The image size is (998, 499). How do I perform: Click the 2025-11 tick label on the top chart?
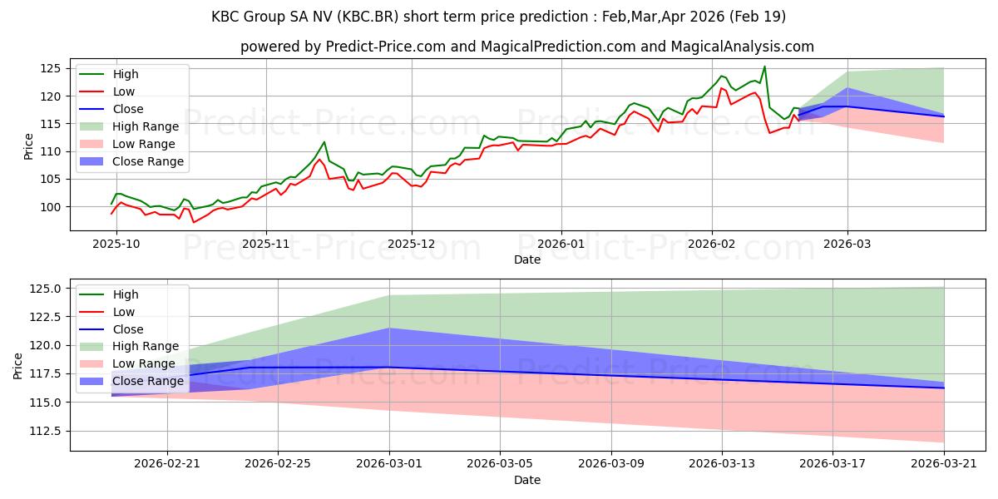coord(266,244)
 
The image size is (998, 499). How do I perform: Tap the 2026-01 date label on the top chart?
coord(561,244)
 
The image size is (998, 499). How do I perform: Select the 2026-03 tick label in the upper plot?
coord(847,244)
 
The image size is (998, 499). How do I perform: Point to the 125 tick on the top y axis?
coord(50,68)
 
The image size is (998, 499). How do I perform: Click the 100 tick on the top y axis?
coord(50,207)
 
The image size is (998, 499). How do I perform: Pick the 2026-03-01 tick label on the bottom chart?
coord(389,464)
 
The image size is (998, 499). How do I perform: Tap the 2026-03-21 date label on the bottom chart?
coord(944,464)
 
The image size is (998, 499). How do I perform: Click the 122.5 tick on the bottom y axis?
coord(45,317)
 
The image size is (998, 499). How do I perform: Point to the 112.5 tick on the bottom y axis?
coord(45,432)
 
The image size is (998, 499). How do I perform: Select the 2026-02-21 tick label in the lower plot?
coord(167,464)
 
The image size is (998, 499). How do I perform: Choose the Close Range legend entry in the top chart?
coord(131,161)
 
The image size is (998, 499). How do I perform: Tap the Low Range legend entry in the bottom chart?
coord(127,363)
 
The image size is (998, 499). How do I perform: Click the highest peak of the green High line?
coord(764,67)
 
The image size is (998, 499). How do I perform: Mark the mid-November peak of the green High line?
coord(324,141)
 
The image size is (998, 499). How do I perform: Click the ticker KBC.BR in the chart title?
coord(368,17)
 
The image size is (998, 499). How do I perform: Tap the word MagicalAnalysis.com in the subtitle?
coord(742,47)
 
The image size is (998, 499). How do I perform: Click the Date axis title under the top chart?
coord(527,259)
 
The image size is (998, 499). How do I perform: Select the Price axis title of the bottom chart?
coord(17,366)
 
